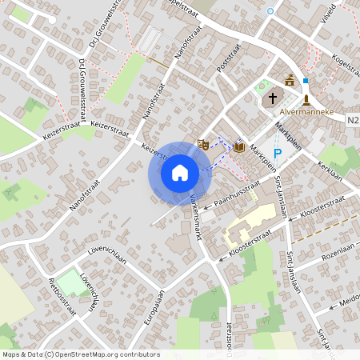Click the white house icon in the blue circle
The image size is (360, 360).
(180, 172)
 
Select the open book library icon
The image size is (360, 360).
(238, 146)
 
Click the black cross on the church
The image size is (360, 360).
(272, 98)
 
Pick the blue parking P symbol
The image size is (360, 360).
(278, 153)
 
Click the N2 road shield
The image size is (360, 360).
(354, 120)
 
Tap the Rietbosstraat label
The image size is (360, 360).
(62, 296)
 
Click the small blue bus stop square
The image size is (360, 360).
(305, 81)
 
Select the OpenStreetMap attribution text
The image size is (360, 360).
(81, 354)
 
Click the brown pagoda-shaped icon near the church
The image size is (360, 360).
(290, 81)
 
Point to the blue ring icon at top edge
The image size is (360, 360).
(270, 10)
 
